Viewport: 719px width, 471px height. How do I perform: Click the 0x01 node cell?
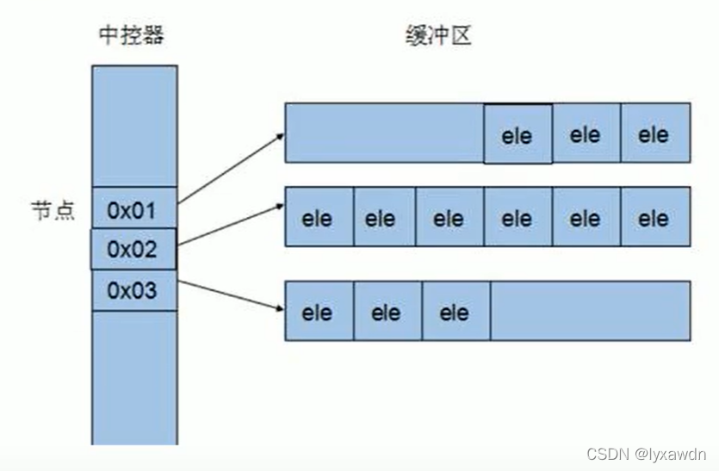click(x=133, y=209)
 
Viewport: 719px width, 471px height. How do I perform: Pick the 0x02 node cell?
click(x=133, y=250)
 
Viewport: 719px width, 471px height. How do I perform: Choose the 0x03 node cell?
click(x=133, y=291)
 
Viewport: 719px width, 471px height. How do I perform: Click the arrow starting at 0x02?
click(x=231, y=225)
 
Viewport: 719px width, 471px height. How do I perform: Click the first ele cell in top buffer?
click(x=518, y=134)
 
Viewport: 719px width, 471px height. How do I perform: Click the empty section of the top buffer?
click(x=384, y=133)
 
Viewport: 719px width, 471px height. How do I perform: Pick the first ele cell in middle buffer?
click(x=319, y=218)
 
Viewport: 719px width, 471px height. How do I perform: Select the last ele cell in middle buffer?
click(x=654, y=218)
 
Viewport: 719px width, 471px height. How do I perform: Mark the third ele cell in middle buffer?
click(x=449, y=218)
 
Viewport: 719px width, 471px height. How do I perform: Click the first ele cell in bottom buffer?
click(x=319, y=312)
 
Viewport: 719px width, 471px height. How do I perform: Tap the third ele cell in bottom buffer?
click(x=455, y=312)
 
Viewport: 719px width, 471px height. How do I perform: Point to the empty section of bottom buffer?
click(x=590, y=310)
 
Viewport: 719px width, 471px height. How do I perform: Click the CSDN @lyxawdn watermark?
click(x=646, y=454)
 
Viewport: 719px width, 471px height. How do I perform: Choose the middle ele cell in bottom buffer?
click(x=387, y=312)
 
